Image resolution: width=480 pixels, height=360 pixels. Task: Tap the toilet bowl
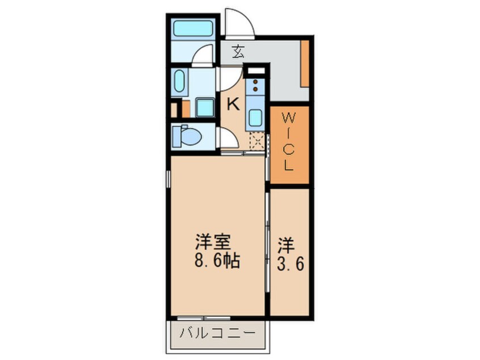pos(190,137)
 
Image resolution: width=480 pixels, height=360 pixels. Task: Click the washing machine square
pos(204,107)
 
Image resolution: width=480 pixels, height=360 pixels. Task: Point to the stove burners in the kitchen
pos(255,86)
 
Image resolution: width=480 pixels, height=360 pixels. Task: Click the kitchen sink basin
pos(255,118)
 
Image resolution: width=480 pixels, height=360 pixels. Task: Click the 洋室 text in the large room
pos(213,243)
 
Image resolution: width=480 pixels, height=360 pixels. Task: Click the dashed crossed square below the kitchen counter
pos(256,141)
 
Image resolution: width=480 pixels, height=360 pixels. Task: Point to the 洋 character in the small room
pos(287,246)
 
